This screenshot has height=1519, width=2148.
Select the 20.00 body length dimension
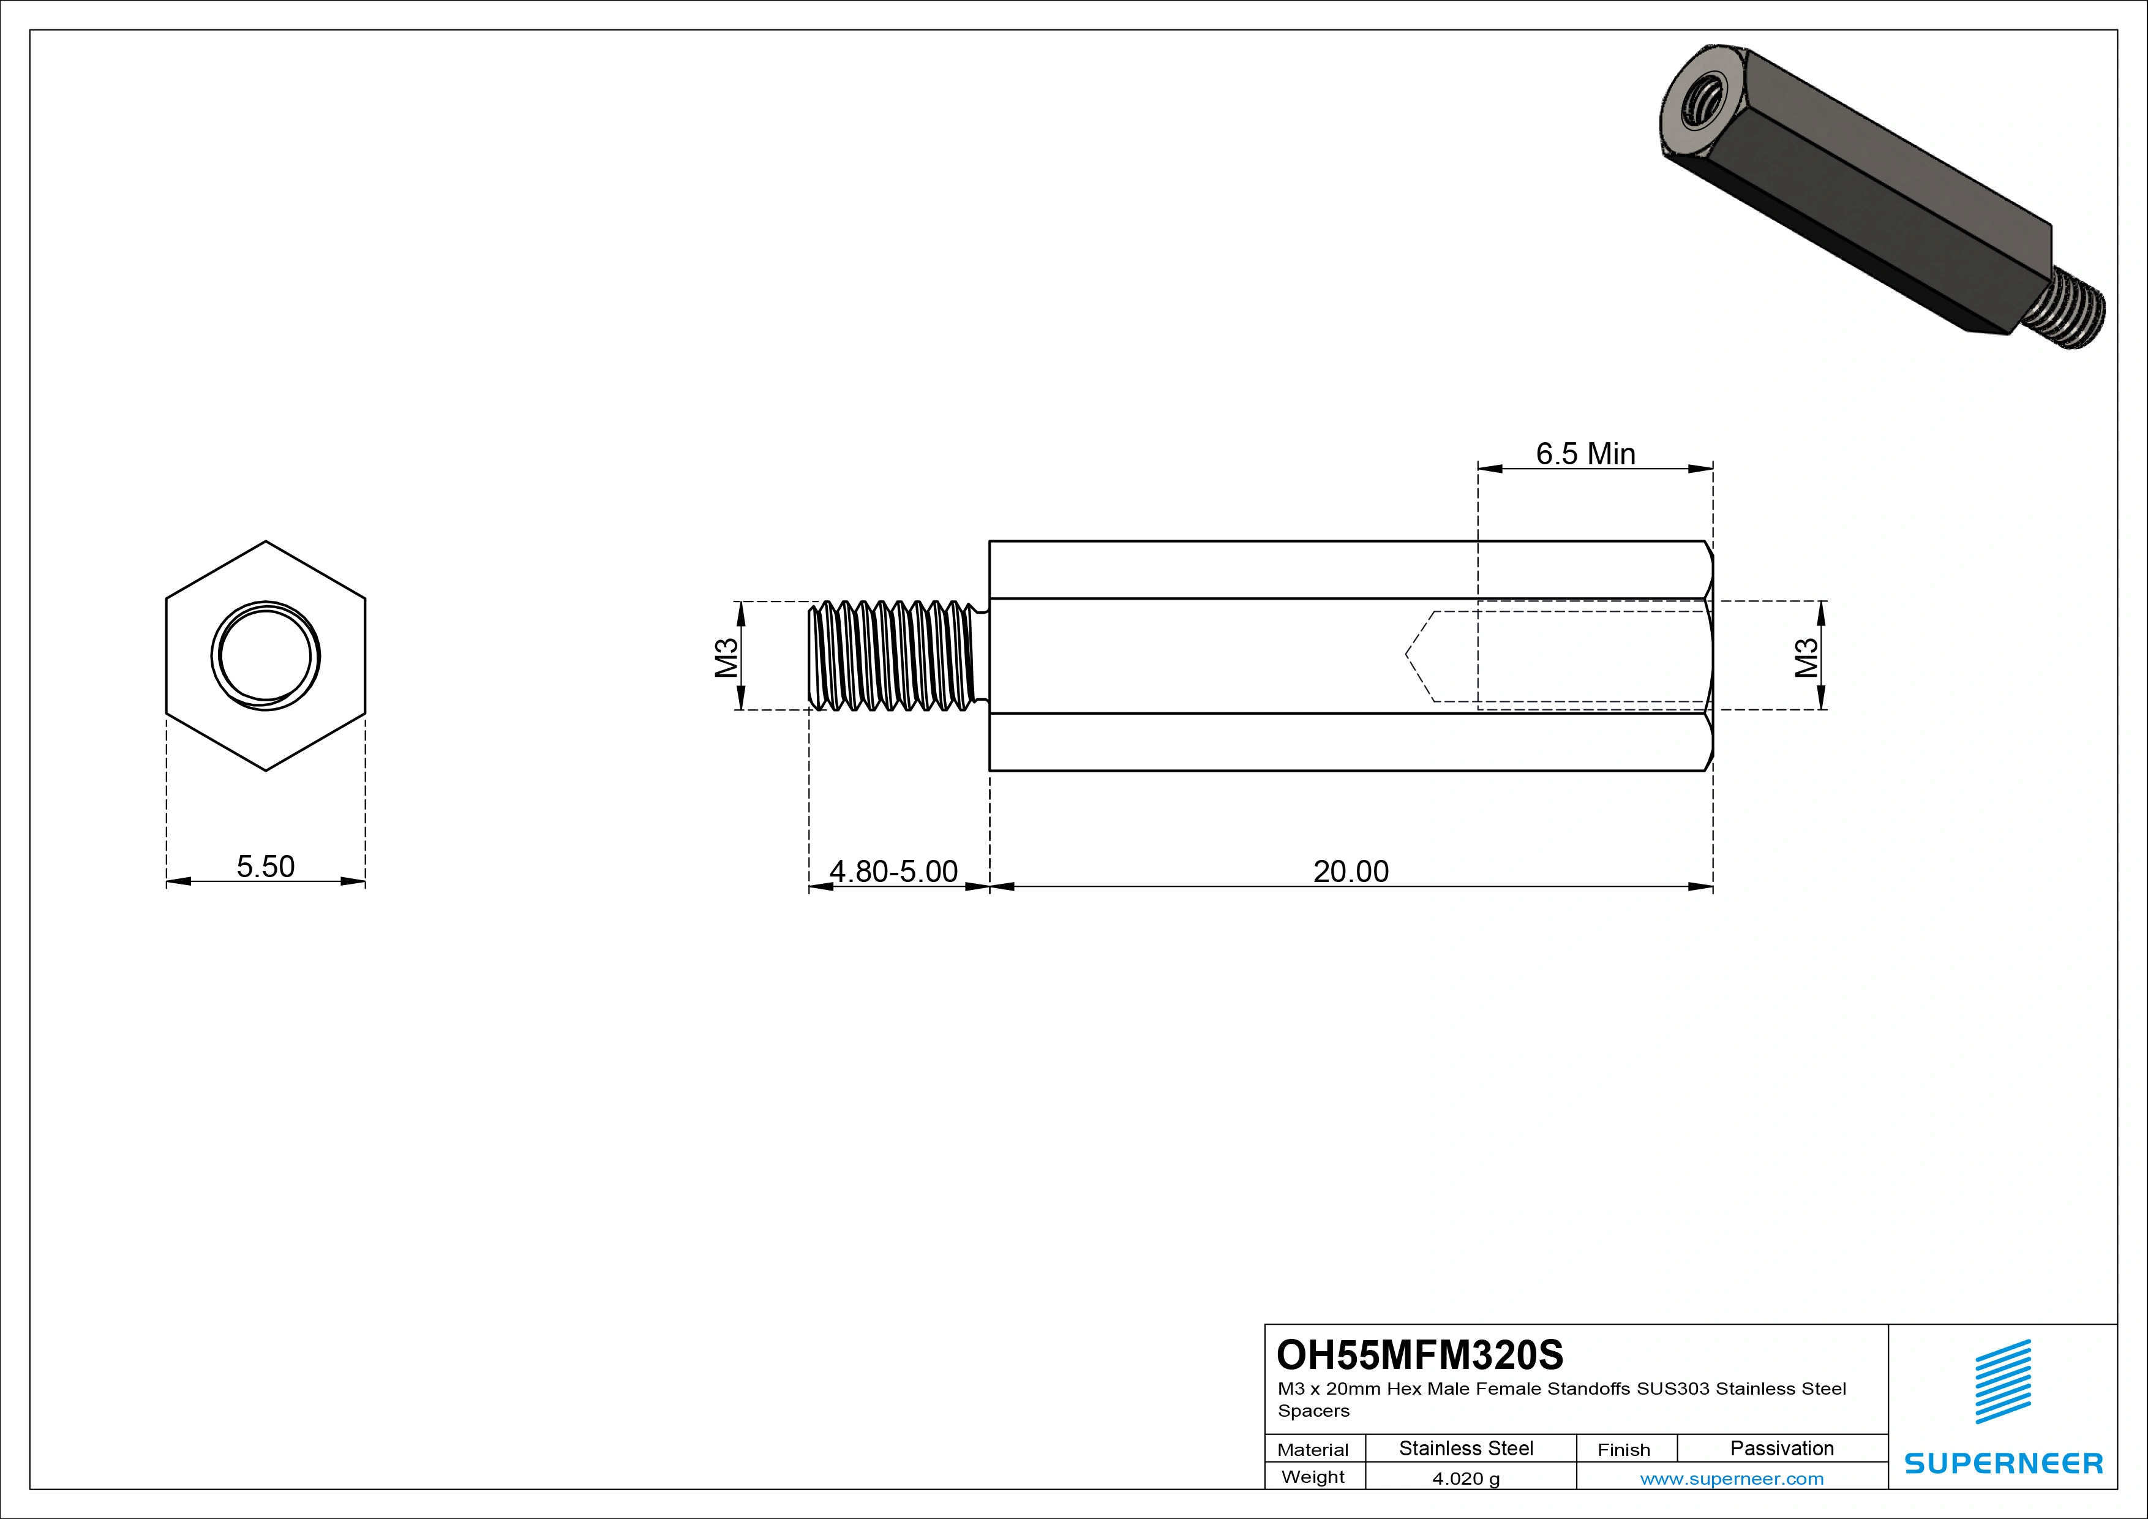click(x=1350, y=872)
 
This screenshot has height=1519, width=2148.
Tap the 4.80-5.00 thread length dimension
click(x=893, y=872)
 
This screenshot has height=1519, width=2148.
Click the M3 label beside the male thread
click(x=727, y=657)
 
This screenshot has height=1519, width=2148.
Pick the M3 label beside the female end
click(x=1806, y=657)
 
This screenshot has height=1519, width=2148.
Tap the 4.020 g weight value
click(x=1466, y=1479)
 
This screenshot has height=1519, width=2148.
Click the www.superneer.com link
click(x=1732, y=1479)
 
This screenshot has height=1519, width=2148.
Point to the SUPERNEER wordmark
click(x=2003, y=1463)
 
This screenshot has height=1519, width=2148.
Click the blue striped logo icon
click(x=2003, y=1381)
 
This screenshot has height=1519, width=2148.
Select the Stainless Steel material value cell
click(x=1466, y=1448)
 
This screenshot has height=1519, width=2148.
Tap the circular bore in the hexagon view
click(x=266, y=656)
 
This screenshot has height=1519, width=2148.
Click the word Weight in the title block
click(x=1313, y=1477)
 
